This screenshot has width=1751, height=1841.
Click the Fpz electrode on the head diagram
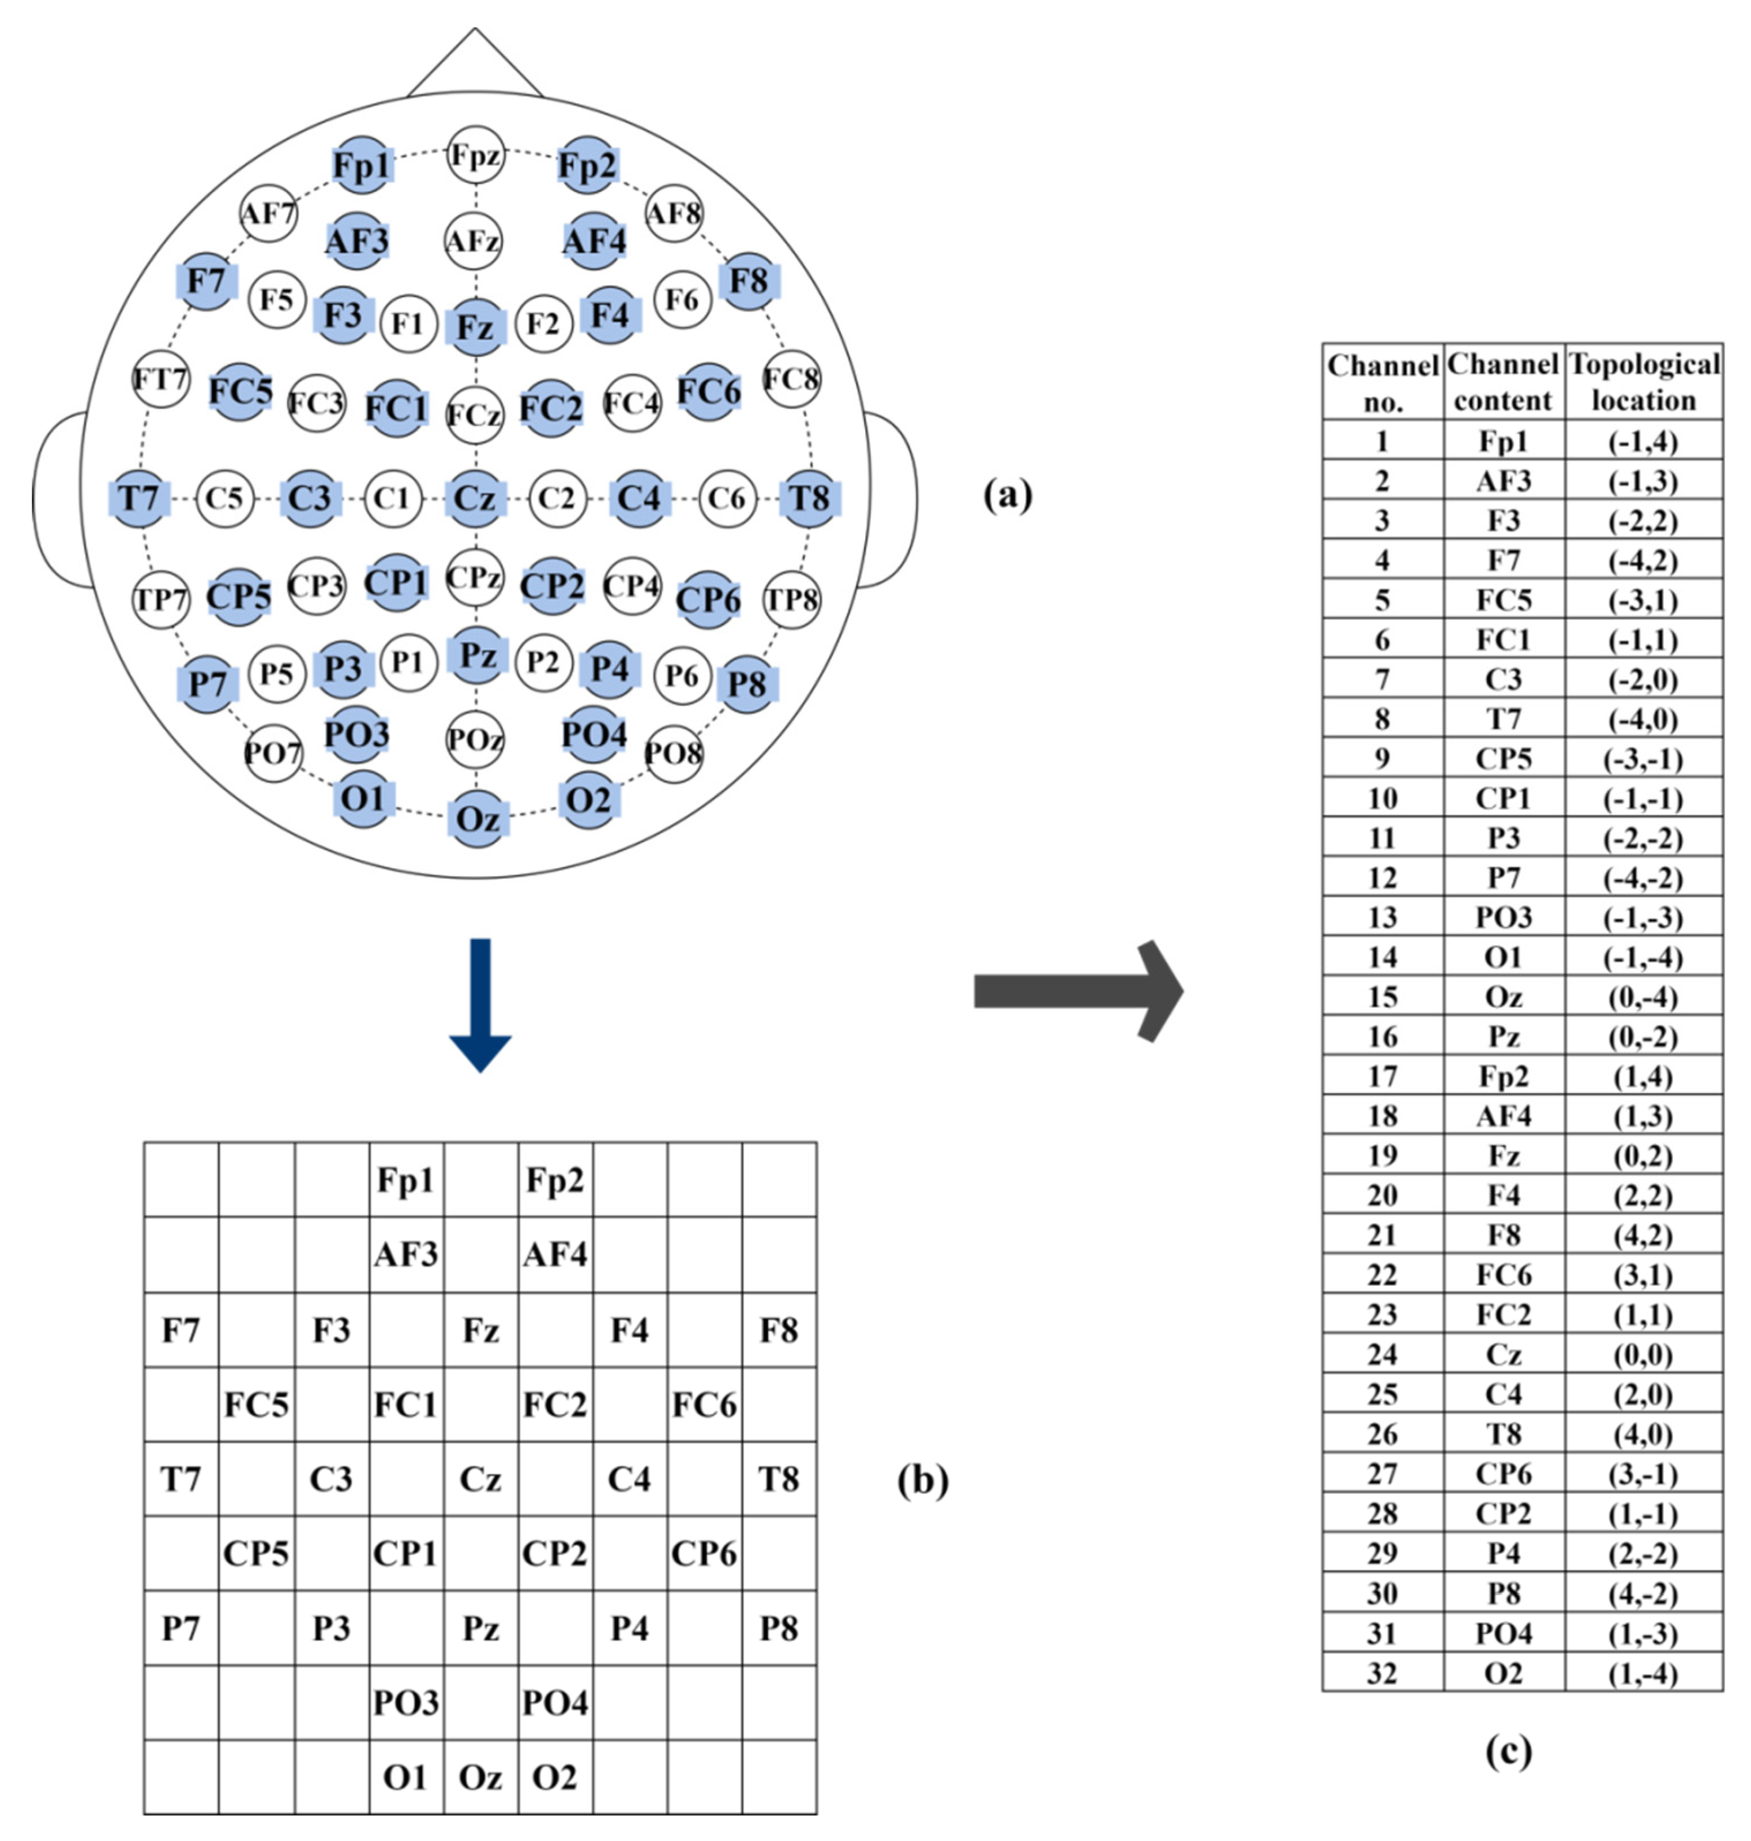click(475, 155)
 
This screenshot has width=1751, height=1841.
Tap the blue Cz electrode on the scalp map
click(475, 498)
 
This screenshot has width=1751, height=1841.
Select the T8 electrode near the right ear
click(809, 498)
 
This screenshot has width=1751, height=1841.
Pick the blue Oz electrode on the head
click(477, 818)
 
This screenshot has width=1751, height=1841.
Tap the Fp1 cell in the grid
click(406, 1180)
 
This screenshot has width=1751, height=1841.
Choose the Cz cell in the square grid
click(480, 1479)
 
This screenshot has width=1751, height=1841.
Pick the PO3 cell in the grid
click(406, 1703)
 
